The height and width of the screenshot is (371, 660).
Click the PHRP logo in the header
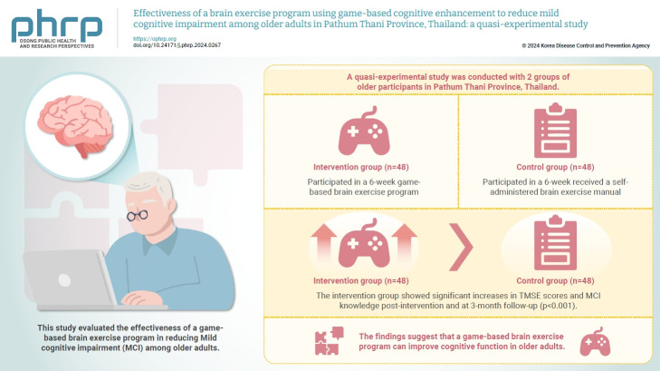pos(56,27)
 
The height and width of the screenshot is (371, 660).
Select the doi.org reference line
pos(177,45)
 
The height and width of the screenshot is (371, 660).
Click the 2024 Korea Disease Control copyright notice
pos(585,45)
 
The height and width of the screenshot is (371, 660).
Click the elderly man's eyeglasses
pos(139,215)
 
